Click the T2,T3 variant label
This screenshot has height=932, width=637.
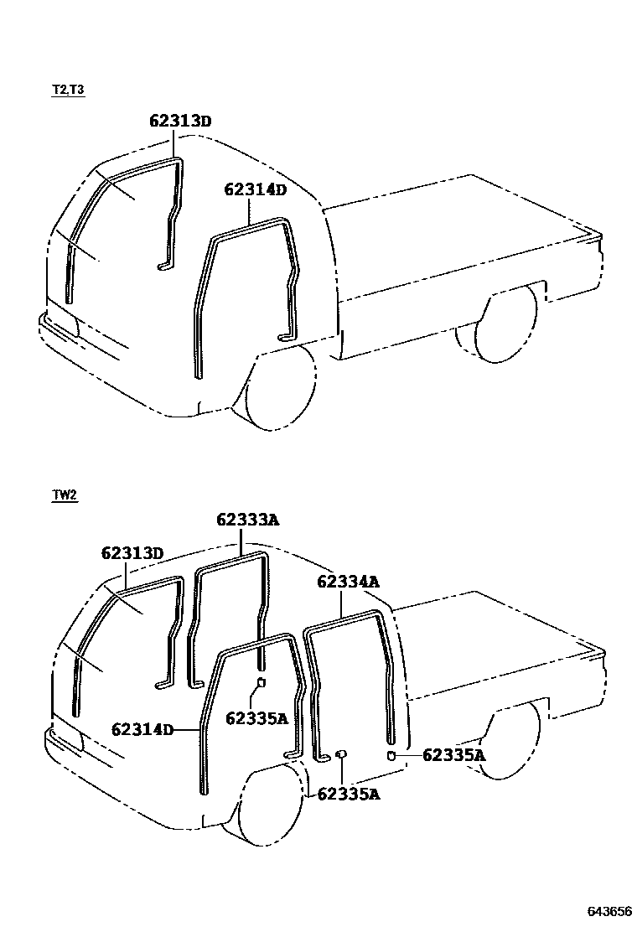(x=69, y=90)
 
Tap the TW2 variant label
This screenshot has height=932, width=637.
(x=65, y=495)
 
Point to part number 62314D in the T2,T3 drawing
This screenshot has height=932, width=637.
(x=255, y=190)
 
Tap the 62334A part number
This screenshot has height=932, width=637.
(x=348, y=582)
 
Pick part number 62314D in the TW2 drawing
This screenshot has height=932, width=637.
(x=142, y=729)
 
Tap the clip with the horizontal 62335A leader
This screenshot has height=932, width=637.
(x=392, y=755)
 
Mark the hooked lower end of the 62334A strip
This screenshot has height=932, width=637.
(x=324, y=758)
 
